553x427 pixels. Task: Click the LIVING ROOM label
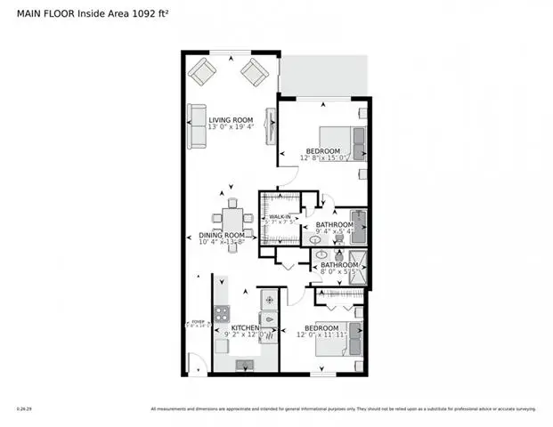pyautogui.click(x=231, y=119)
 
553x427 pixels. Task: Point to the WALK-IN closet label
pyautogui.click(x=282, y=216)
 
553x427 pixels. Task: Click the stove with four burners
pyautogui.click(x=221, y=314)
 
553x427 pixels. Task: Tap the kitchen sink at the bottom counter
pyautogui.click(x=244, y=363)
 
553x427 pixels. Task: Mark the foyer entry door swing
pyautogui.click(x=198, y=362)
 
